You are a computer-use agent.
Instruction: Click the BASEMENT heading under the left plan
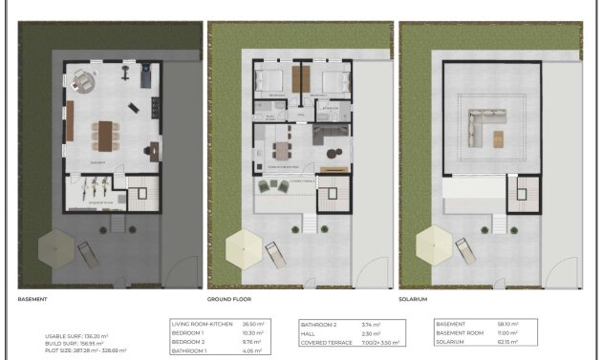click(32, 299)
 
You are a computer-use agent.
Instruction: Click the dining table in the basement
click(106, 135)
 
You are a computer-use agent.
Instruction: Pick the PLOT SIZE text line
click(85, 350)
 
